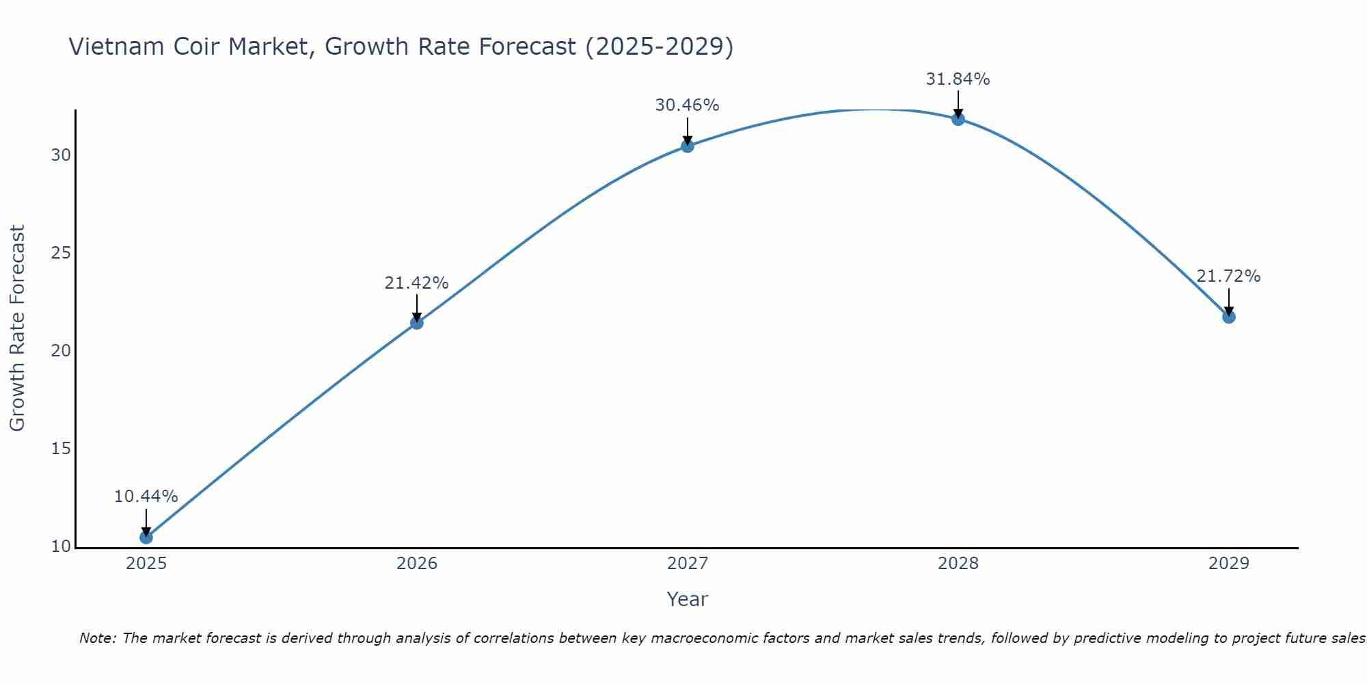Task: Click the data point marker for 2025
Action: (x=146, y=538)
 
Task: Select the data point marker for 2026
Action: (x=417, y=323)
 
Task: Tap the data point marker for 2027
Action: (x=688, y=146)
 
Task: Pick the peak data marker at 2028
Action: (x=958, y=119)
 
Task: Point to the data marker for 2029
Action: (x=1229, y=317)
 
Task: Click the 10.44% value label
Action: (x=146, y=497)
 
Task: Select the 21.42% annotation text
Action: (x=416, y=283)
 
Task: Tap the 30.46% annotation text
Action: (x=687, y=105)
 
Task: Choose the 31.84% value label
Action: (x=958, y=79)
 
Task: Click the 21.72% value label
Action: (x=1228, y=276)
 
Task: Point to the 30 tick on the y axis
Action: (x=61, y=155)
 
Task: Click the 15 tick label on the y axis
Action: (x=61, y=449)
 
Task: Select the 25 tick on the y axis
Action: (x=61, y=253)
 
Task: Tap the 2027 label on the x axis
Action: (x=688, y=564)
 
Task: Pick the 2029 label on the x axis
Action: (x=1229, y=564)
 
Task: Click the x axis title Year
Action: (x=688, y=599)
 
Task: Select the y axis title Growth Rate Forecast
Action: (x=18, y=328)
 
